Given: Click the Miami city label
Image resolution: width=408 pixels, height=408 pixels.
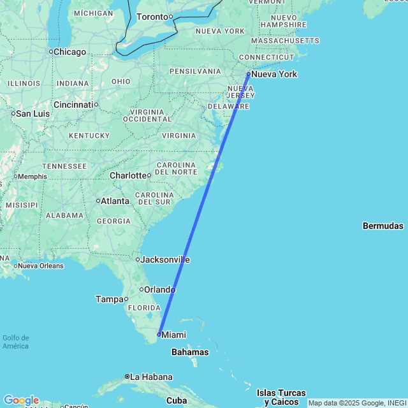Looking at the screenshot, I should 173,335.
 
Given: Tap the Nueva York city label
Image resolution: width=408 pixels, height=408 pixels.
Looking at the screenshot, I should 274,75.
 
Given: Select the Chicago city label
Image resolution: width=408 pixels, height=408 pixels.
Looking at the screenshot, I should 69,52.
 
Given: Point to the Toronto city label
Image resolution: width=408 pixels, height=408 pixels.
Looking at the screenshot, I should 153,17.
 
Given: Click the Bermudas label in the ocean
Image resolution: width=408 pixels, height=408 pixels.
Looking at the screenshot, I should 382,226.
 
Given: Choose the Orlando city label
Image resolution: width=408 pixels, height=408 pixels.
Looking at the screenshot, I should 159,289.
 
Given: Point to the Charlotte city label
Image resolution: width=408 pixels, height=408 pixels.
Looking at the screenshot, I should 128,175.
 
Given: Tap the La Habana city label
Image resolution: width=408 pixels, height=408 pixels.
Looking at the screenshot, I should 151,377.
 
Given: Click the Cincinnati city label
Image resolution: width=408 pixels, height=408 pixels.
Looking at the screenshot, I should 73,105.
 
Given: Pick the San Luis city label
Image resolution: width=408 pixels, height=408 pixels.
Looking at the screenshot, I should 33,113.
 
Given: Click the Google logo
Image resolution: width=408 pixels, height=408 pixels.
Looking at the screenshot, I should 20,400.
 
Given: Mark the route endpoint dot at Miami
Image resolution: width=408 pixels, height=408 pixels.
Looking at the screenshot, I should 158,334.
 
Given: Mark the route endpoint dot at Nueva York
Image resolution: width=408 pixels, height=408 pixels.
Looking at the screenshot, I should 248,75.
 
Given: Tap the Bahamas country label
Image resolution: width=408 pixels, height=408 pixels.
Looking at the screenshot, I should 189,352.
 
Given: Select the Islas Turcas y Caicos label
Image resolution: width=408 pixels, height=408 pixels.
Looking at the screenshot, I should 281,397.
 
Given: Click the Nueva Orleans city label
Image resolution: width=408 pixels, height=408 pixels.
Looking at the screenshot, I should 41,266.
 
